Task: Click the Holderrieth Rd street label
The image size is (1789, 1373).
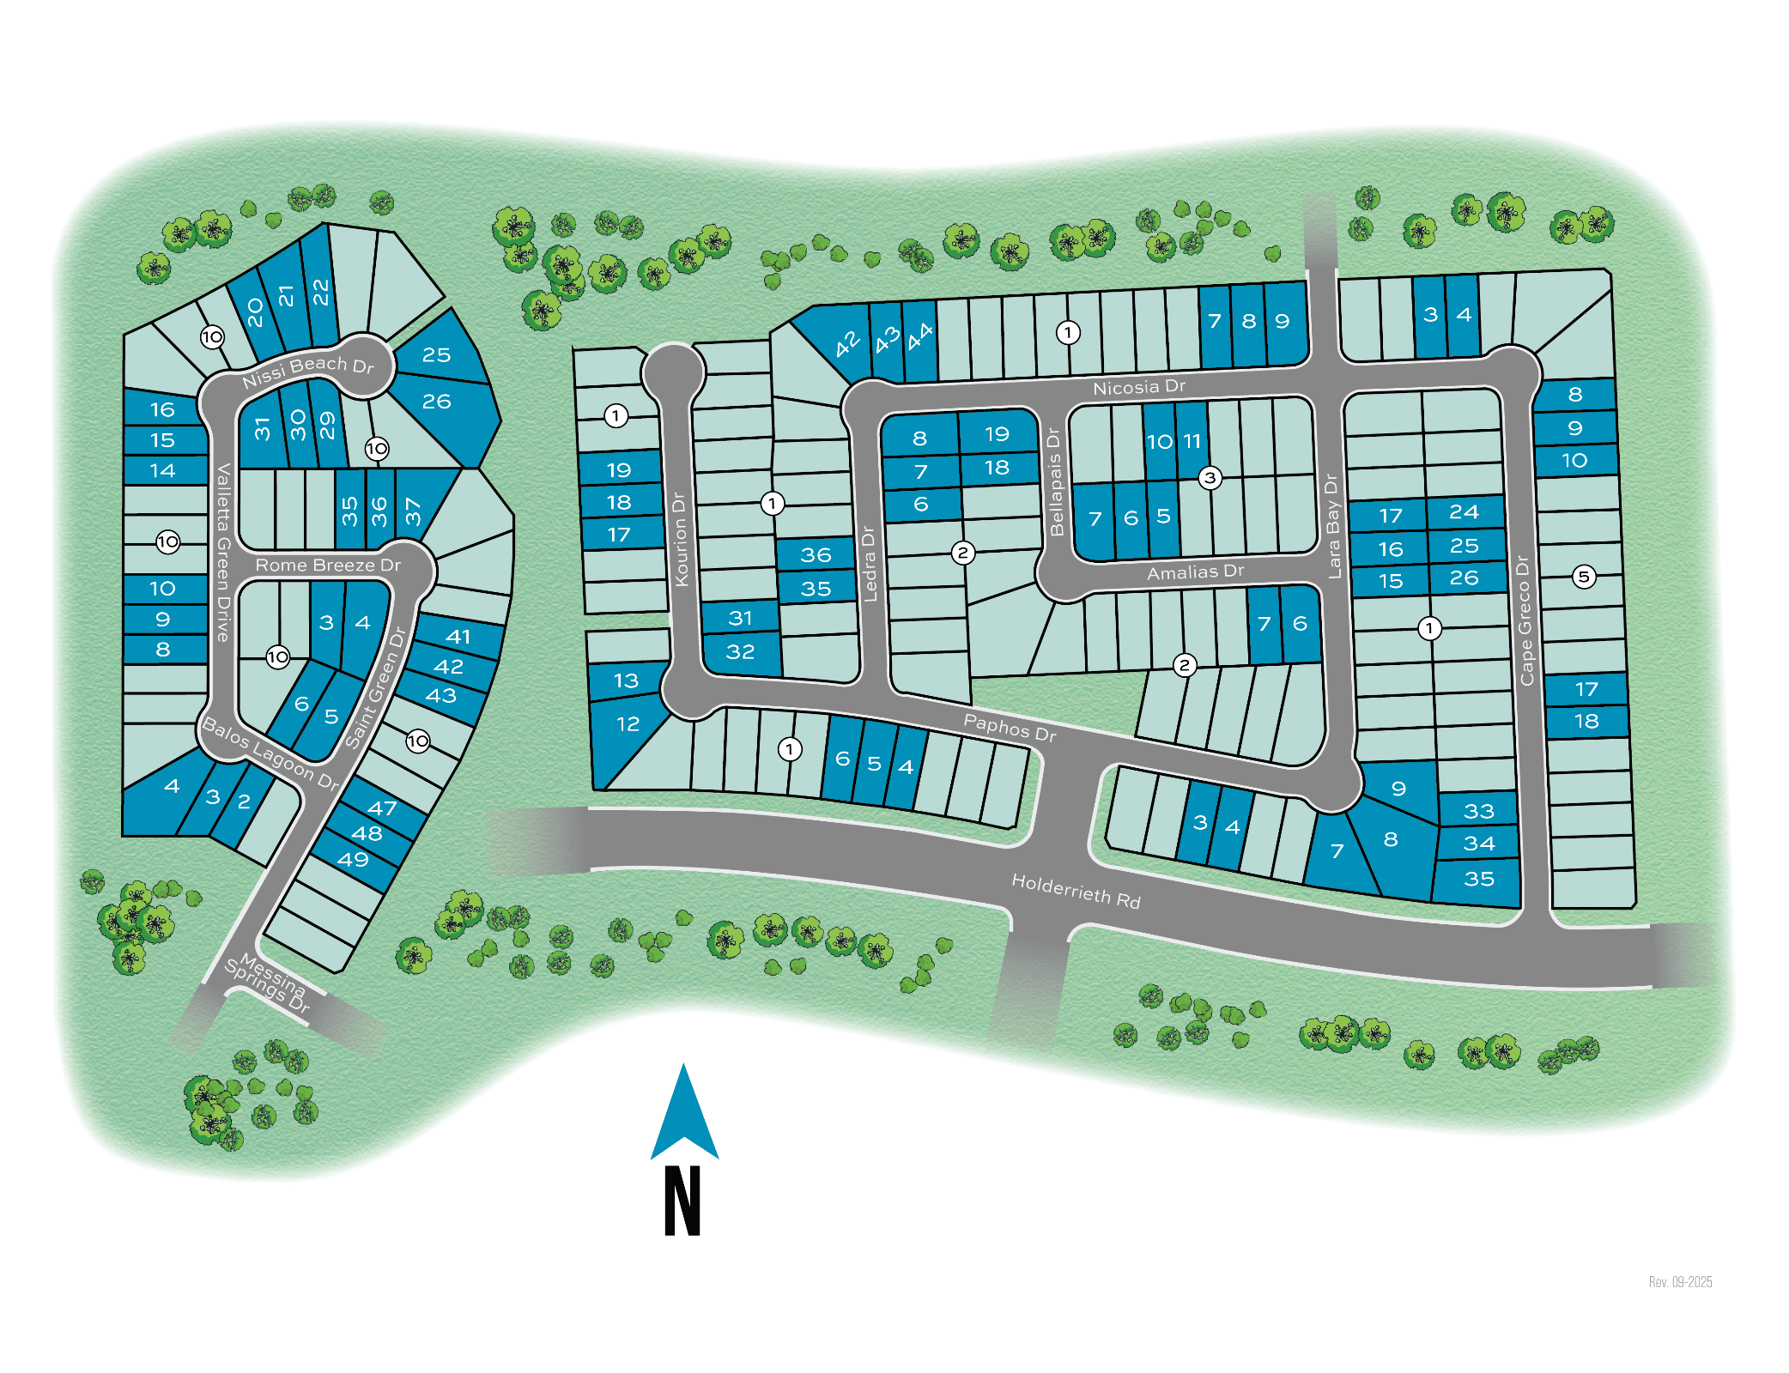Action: (1076, 891)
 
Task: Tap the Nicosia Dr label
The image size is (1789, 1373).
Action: (1138, 388)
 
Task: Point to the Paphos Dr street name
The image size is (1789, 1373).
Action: (1010, 727)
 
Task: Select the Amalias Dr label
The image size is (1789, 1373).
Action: (1195, 572)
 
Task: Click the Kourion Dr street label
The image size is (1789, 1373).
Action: (681, 539)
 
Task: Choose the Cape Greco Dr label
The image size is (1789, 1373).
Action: (1525, 620)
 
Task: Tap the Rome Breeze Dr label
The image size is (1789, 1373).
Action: (328, 565)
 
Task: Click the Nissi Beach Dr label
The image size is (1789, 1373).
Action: (307, 371)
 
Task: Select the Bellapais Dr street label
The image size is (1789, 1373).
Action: (1055, 482)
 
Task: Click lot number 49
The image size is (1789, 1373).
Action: (353, 859)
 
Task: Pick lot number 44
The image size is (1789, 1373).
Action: (919, 336)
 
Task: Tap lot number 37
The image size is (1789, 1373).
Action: (413, 511)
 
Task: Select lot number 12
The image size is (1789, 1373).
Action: (628, 724)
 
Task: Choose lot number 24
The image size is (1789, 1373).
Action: (1464, 512)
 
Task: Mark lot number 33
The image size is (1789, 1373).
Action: (1478, 811)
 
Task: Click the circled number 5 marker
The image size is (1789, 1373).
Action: (1584, 577)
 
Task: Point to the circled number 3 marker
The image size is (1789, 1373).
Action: (1210, 477)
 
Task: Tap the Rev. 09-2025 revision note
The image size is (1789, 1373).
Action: (1680, 1282)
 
